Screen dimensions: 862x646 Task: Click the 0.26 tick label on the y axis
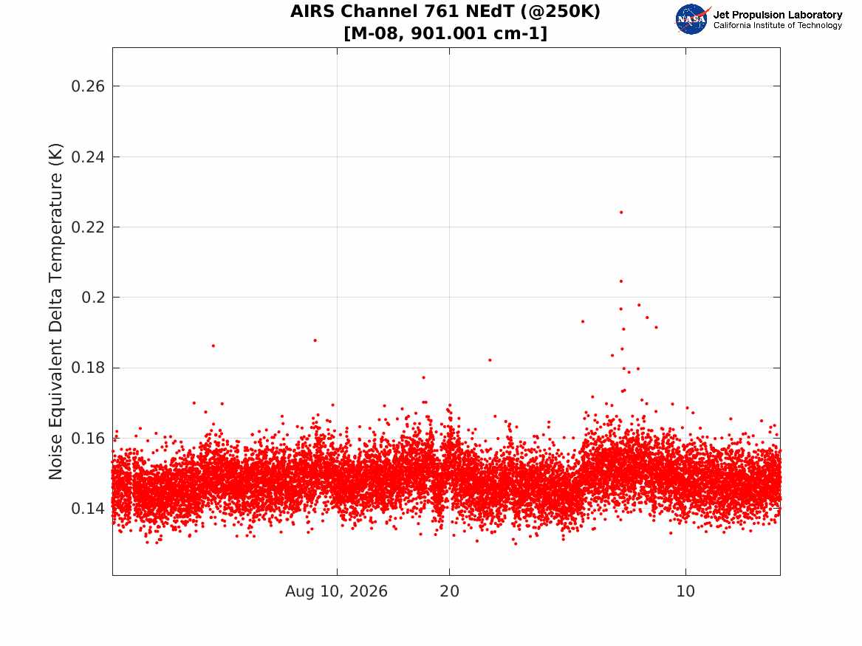pos(88,86)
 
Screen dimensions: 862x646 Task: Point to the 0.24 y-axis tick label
pos(88,157)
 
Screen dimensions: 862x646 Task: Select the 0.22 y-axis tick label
pos(88,227)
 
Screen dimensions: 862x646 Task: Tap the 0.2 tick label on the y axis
pos(93,298)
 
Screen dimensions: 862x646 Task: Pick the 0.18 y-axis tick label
pos(88,368)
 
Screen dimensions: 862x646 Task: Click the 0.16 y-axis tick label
pos(88,439)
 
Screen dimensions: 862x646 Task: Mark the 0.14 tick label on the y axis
pos(88,509)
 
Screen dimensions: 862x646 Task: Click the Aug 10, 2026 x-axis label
pos(336,591)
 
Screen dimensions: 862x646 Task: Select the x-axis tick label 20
pos(450,591)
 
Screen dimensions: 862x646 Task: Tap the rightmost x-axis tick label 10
pos(685,591)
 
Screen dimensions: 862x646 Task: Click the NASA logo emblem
pos(692,19)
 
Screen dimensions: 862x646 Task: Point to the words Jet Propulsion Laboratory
pos(778,15)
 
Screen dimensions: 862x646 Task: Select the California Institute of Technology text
pos(778,25)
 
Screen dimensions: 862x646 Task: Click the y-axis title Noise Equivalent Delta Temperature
pos(55,312)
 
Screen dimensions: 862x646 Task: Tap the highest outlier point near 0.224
pos(621,212)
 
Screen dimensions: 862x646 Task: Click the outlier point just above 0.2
pos(621,281)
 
